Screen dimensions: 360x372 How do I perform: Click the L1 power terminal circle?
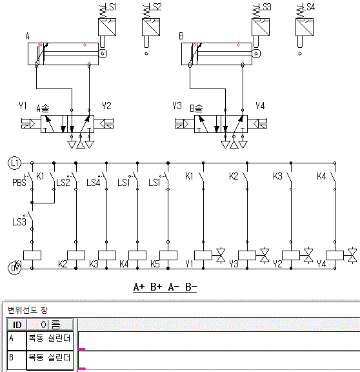(14, 163)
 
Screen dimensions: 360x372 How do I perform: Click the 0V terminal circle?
(14, 268)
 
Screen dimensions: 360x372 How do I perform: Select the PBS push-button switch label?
(19, 183)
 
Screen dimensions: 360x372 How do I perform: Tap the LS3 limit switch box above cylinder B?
(261, 27)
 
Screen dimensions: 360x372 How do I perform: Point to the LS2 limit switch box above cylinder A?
(151, 27)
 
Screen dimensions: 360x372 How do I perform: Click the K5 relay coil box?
(168, 255)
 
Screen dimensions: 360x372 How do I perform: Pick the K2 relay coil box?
(76, 255)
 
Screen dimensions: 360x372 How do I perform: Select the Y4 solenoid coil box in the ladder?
(335, 255)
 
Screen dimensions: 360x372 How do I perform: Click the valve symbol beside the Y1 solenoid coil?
(221, 256)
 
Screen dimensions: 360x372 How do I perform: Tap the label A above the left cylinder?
(28, 36)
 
